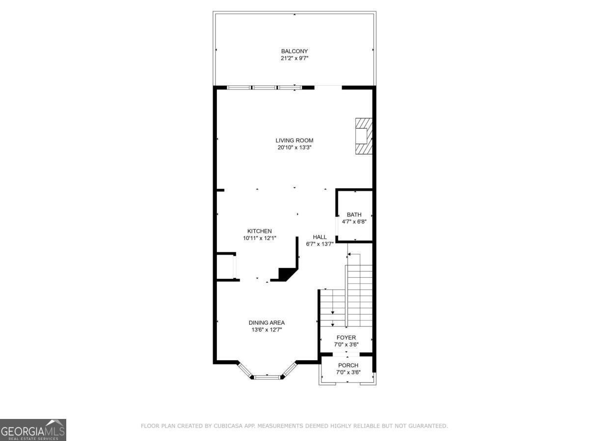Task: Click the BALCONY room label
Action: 294,51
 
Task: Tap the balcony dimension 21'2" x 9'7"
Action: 294,58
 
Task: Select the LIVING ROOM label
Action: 294,141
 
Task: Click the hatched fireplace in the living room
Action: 364,136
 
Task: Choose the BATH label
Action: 354,215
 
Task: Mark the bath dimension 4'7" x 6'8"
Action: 354,221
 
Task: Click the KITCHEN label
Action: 259,231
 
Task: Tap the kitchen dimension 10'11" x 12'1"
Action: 259,238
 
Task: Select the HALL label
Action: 320,237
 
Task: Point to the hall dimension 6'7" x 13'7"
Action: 320,244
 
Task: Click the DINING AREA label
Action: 267,322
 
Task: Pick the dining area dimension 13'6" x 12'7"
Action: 267,330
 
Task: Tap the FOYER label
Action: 346,338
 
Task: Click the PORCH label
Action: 348,366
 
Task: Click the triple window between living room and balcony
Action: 265,88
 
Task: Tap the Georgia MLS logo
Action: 33,430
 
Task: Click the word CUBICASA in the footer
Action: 227,426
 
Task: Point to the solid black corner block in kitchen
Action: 285,274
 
